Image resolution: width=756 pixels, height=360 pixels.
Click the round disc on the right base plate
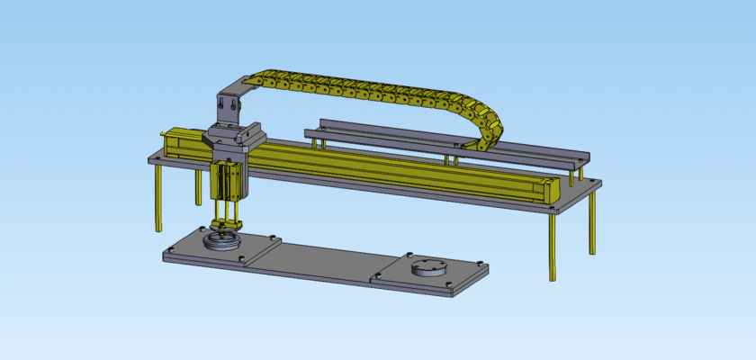(x=428, y=267)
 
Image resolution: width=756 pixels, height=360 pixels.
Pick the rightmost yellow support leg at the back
(x=592, y=220)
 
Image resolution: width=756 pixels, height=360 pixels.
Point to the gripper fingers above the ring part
(x=224, y=224)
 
